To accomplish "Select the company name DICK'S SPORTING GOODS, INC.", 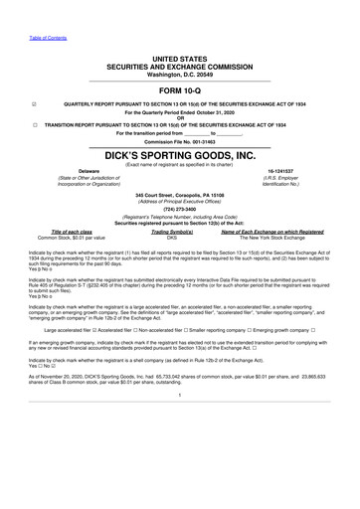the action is tap(179, 157).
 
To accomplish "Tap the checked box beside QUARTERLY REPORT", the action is tap(36, 103).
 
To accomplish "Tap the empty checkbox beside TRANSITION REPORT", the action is tap(36, 125).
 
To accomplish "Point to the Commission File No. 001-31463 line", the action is tap(179, 142).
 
